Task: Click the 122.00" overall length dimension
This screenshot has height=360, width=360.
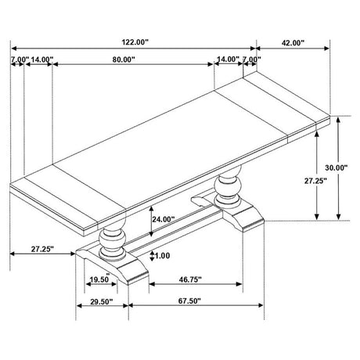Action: click(135, 42)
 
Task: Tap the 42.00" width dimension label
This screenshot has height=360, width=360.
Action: click(293, 43)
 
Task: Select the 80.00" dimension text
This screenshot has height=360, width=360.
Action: click(124, 59)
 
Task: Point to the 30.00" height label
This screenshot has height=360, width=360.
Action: click(337, 167)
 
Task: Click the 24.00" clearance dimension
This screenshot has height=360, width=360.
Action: click(164, 219)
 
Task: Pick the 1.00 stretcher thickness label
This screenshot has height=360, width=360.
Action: click(162, 256)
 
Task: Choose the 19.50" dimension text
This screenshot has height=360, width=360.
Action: click(99, 279)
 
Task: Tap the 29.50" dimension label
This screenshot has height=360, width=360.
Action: click(102, 302)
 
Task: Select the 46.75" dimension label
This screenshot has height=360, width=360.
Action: click(190, 279)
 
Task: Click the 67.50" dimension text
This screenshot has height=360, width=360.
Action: click(189, 301)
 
